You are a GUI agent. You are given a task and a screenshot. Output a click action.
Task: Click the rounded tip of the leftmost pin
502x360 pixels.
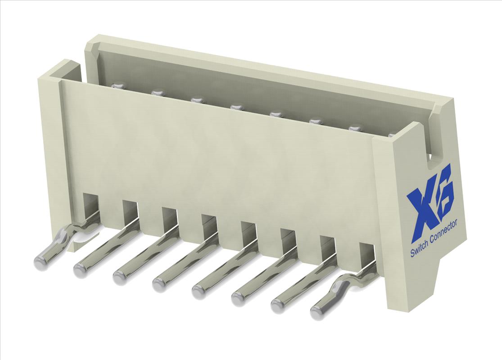pos(41,262)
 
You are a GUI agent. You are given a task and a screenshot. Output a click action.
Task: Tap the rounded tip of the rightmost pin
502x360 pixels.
pos(318,312)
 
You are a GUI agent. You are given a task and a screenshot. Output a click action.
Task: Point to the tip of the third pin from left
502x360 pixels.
pos(121,278)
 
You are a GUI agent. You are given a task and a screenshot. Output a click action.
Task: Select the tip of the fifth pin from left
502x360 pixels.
pos(199,291)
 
